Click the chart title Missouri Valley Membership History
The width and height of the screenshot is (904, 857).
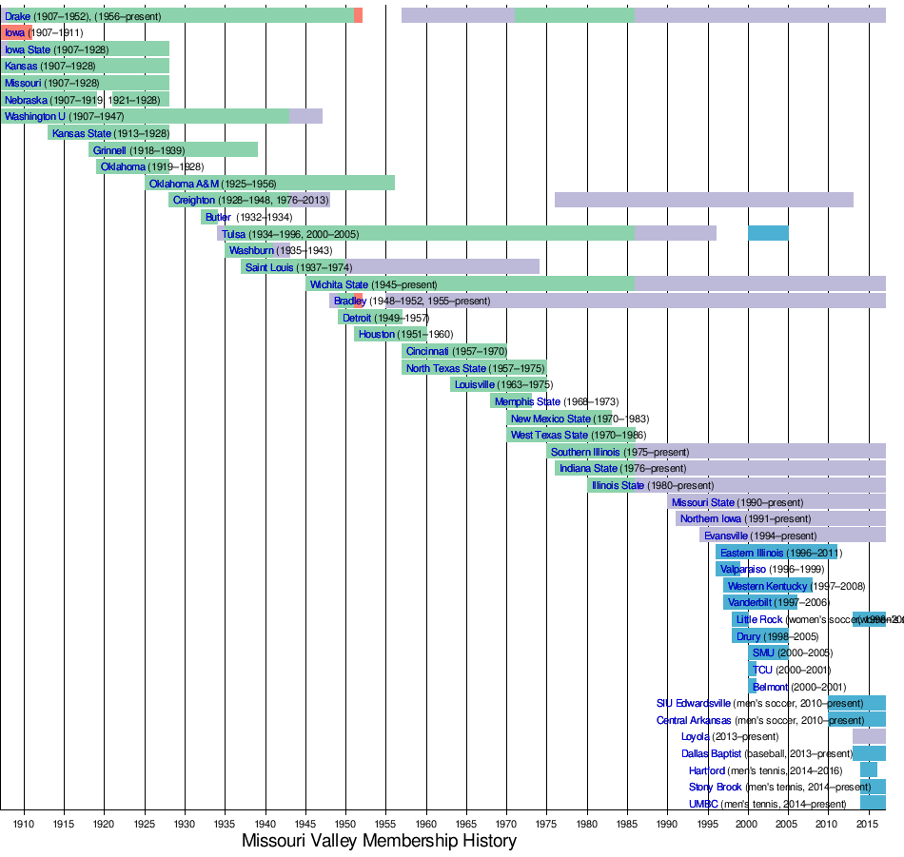click(x=379, y=841)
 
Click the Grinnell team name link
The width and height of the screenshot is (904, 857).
click(x=109, y=150)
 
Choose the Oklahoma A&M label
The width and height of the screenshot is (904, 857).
click(x=184, y=184)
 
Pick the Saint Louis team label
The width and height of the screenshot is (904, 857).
click(x=269, y=267)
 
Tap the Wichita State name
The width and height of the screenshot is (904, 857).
click(x=339, y=284)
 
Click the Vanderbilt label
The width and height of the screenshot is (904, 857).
click(x=751, y=602)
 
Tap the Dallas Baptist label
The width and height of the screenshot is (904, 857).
click(x=712, y=753)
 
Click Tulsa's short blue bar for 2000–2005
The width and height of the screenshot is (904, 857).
click(x=768, y=234)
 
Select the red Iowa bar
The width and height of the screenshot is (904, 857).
click(x=16, y=32)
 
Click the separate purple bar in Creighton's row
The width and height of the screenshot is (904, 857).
click(x=704, y=200)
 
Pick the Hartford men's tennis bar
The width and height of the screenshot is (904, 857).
click(x=869, y=769)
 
